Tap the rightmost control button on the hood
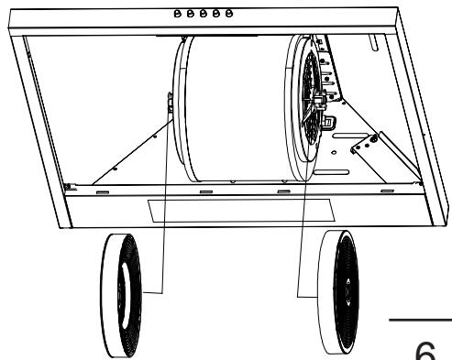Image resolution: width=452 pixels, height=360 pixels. (x=219, y=15)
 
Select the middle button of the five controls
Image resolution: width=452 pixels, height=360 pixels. (x=199, y=15)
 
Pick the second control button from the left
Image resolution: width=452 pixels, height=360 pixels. (x=189, y=15)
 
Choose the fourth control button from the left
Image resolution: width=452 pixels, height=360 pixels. (x=209, y=15)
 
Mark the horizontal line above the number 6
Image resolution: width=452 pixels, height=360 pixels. (x=420, y=321)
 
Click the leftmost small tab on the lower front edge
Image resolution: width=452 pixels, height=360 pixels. (x=102, y=192)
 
